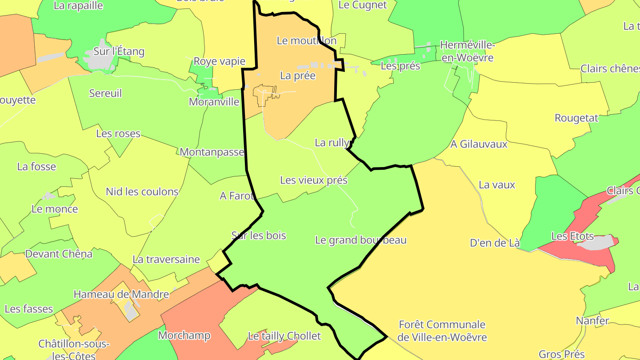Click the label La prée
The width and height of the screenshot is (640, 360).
[298, 76]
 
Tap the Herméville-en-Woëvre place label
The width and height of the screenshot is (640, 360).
[467, 52]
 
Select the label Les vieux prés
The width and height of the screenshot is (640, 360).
[314, 180]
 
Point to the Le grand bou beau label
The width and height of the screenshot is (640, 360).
[360, 240]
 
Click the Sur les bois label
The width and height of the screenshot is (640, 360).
[259, 236]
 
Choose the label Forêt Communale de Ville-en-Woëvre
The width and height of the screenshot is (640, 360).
[442, 331]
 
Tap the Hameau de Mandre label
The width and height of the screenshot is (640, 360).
[121, 294]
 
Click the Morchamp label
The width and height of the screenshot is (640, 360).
[184, 335]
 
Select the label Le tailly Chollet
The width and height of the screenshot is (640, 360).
[284, 336]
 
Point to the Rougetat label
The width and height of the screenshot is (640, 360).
[576, 118]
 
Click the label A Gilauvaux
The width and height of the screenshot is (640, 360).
[479, 144]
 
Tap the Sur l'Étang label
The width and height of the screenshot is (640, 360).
[119, 52]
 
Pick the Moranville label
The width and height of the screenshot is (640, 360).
[214, 102]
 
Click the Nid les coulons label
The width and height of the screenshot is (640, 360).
[142, 192]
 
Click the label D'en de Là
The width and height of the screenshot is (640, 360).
[495, 243]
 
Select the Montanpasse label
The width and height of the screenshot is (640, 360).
[212, 152]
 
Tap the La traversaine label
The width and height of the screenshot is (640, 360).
[166, 260]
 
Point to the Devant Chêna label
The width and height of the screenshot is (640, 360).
[59, 254]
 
